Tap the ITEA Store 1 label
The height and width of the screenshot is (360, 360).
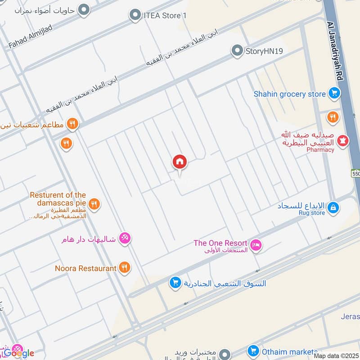pos(165,16)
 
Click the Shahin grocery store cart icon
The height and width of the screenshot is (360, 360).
pos(333,94)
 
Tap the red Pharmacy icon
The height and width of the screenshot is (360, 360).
pos(343,140)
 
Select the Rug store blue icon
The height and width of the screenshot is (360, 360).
pos(333,207)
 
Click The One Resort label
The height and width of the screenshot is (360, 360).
pos(220,243)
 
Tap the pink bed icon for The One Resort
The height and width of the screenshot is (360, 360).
pos(256,245)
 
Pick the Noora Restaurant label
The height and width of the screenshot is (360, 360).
pos(85,268)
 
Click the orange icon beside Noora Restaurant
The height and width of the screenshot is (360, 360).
pos(125,268)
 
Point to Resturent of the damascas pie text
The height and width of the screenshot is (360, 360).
pos(58,199)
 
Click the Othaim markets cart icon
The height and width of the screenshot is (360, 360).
pos(253,351)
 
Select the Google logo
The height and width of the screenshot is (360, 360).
pos(19,353)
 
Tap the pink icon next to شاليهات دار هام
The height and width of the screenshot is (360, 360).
pos(125,239)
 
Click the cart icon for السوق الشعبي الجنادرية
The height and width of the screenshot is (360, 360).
pos(175,283)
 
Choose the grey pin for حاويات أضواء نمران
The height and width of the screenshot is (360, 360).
pos(83,9)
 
